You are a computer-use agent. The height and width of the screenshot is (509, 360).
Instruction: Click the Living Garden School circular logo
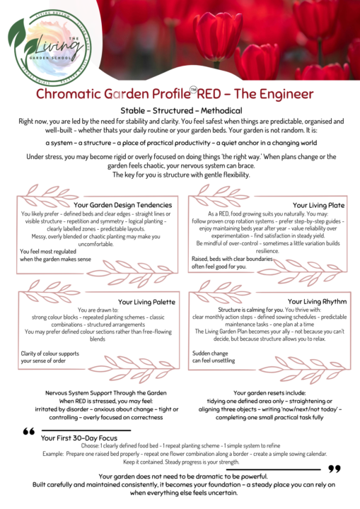tap(50, 46)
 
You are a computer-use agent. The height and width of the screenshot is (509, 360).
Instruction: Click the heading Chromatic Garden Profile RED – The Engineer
tap(180, 94)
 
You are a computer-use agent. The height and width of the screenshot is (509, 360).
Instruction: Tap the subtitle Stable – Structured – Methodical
tap(181, 111)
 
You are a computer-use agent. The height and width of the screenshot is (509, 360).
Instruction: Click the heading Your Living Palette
tap(146, 302)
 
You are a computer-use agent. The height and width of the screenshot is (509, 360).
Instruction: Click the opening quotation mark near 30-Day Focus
tap(29, 431)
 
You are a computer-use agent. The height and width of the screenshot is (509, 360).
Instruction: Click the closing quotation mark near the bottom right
tap(335, 467)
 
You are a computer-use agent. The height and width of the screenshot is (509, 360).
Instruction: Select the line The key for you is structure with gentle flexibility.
tap(181, 175)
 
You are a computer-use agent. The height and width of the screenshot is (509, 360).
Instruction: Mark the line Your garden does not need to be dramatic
tap(181, 476)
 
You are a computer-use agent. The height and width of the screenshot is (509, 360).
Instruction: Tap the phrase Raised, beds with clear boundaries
tap(234, 258)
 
